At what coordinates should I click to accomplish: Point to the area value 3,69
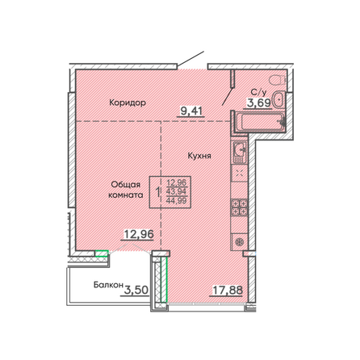pyautogui.click(x=257, y=103)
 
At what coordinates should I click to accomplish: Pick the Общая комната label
pyautogui.click(x=128, y=190)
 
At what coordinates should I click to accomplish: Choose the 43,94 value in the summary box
pyautogui.click(x=177, y=191)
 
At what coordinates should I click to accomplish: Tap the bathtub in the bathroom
pyautogui.click(x=258, y=122)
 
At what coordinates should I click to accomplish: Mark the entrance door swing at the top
pyautogui.click(x=191, y=61)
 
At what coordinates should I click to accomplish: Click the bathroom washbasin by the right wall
pyautogui.click(x=279, y=100)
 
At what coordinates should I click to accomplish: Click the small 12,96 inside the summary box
pyautogui.click(x=177, y=182)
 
